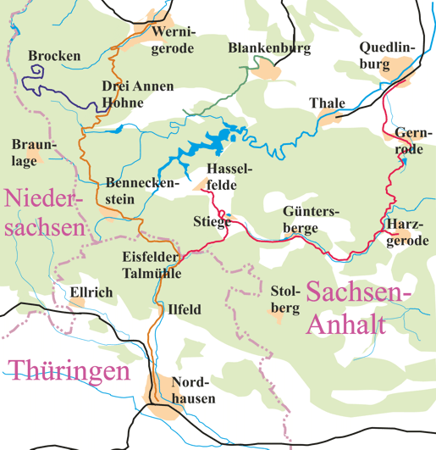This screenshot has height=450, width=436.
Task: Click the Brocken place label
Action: tap(54, 57)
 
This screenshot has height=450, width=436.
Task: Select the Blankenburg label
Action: tap(269, 49)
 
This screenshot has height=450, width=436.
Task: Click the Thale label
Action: tap(327, 103)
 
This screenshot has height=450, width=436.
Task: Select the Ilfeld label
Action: tap(185, 309)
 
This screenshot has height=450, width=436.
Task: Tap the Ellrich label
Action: tap(91, 292)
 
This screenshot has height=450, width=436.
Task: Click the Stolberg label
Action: tap(285, 299)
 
